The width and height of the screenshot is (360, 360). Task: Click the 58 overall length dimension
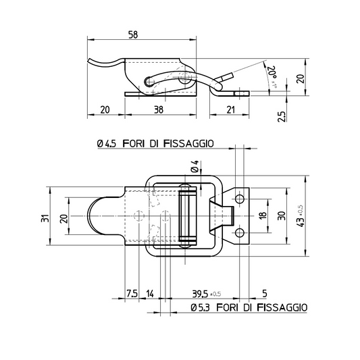coord(133,34)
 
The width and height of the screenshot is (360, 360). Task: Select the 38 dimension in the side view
coord(159,109)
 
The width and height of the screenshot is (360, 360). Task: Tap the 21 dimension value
coord(230,109)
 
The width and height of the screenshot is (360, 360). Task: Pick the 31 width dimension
coord(45,218)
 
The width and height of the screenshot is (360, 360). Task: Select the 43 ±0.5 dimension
coord(301,216)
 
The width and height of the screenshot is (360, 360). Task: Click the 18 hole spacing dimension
coord(263,215)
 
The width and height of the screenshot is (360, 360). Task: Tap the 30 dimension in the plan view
coord(282,215)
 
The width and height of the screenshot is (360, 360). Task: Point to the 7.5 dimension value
coord(132,293)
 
